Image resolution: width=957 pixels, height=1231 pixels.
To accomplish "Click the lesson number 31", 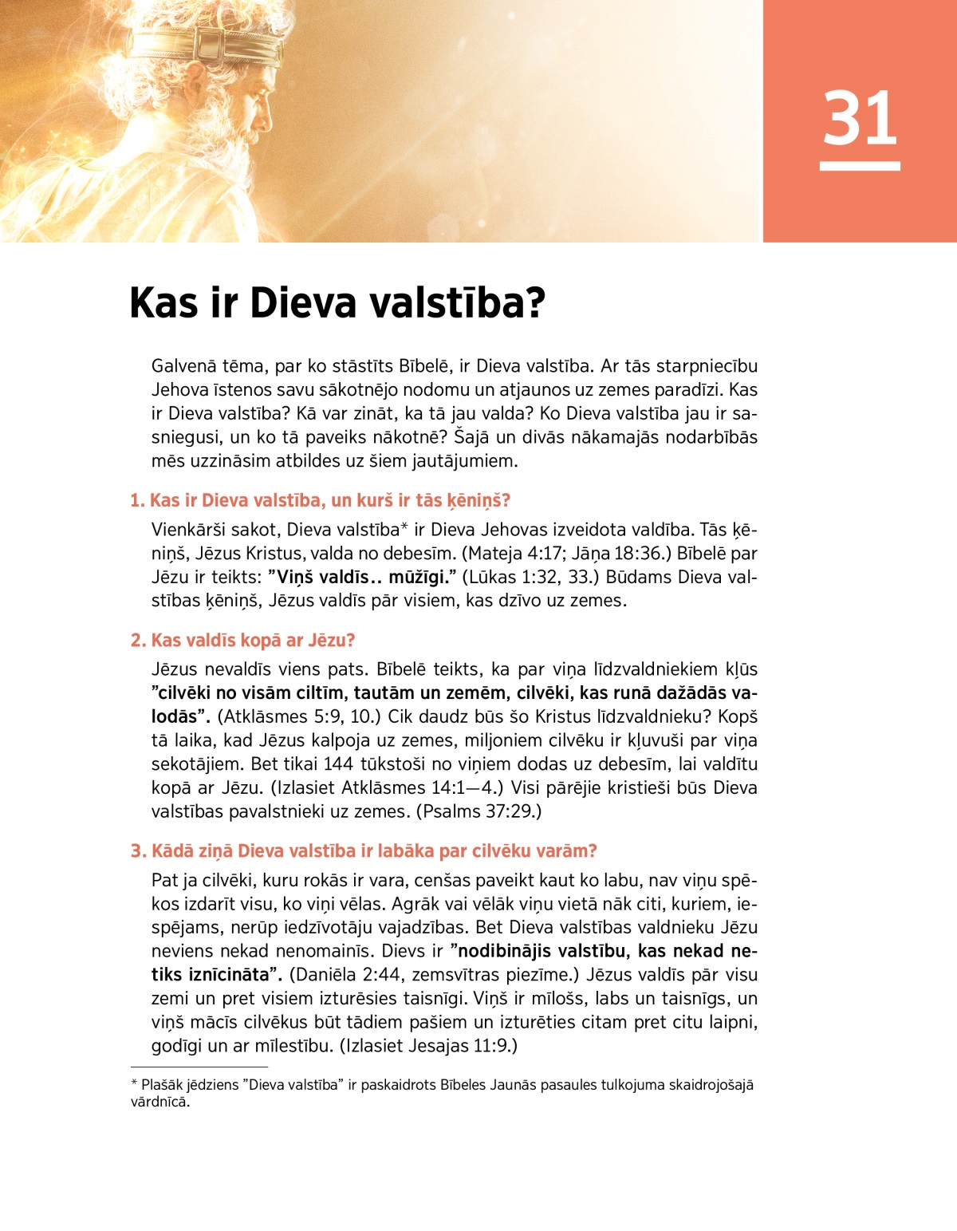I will tap(860, 118).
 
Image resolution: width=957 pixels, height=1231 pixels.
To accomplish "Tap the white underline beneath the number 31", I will tap(860, 166).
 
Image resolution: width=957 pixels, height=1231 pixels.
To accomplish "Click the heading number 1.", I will tap(136, 501).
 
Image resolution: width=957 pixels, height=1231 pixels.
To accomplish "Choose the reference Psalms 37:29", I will tap(478, 811).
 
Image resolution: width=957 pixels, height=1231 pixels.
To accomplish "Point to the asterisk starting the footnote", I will tap(134, 1084).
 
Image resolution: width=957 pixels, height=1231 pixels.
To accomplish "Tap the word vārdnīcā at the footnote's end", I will tap(159, 1103).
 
